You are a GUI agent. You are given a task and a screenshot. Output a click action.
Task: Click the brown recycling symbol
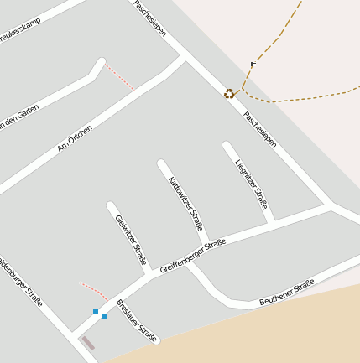point(229,93)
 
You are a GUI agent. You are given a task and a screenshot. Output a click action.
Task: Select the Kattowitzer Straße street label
point(185,203)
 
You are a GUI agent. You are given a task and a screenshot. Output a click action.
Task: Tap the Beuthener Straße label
point(286,292)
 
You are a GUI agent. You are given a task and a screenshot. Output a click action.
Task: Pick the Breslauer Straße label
point(137,320)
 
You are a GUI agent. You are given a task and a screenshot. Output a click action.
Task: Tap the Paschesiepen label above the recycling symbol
point(149,17)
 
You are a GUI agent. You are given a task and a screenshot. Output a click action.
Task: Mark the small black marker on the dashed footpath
point(253,64)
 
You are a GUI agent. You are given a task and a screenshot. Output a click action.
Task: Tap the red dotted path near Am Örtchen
point(120,77)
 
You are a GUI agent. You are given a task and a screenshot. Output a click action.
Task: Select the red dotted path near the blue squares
point(93,290)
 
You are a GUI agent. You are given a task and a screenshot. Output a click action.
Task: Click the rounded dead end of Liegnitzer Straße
point(227,147)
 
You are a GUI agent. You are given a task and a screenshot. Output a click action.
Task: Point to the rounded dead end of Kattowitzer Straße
point(161,164)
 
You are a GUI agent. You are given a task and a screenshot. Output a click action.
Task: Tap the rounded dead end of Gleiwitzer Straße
point(111,205)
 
